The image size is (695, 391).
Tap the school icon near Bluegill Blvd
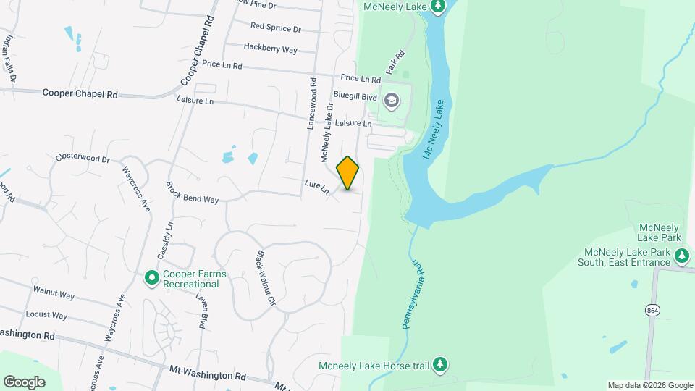click(392, 100)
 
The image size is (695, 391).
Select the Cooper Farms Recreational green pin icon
click(151, 277)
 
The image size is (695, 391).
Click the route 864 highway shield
click(652, 310)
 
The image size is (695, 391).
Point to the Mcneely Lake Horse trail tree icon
click(439, 364)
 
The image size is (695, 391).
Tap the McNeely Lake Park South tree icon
click(681, 256)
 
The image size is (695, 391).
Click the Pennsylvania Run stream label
click(411, 293)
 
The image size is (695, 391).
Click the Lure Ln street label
click(316, 187)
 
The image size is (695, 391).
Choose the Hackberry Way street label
click(270, 49)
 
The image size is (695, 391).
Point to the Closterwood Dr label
click(82, 158)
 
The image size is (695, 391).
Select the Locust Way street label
click(46, 316)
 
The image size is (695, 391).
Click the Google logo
click(24, 382)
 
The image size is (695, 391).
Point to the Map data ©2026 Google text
click(649, 385)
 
